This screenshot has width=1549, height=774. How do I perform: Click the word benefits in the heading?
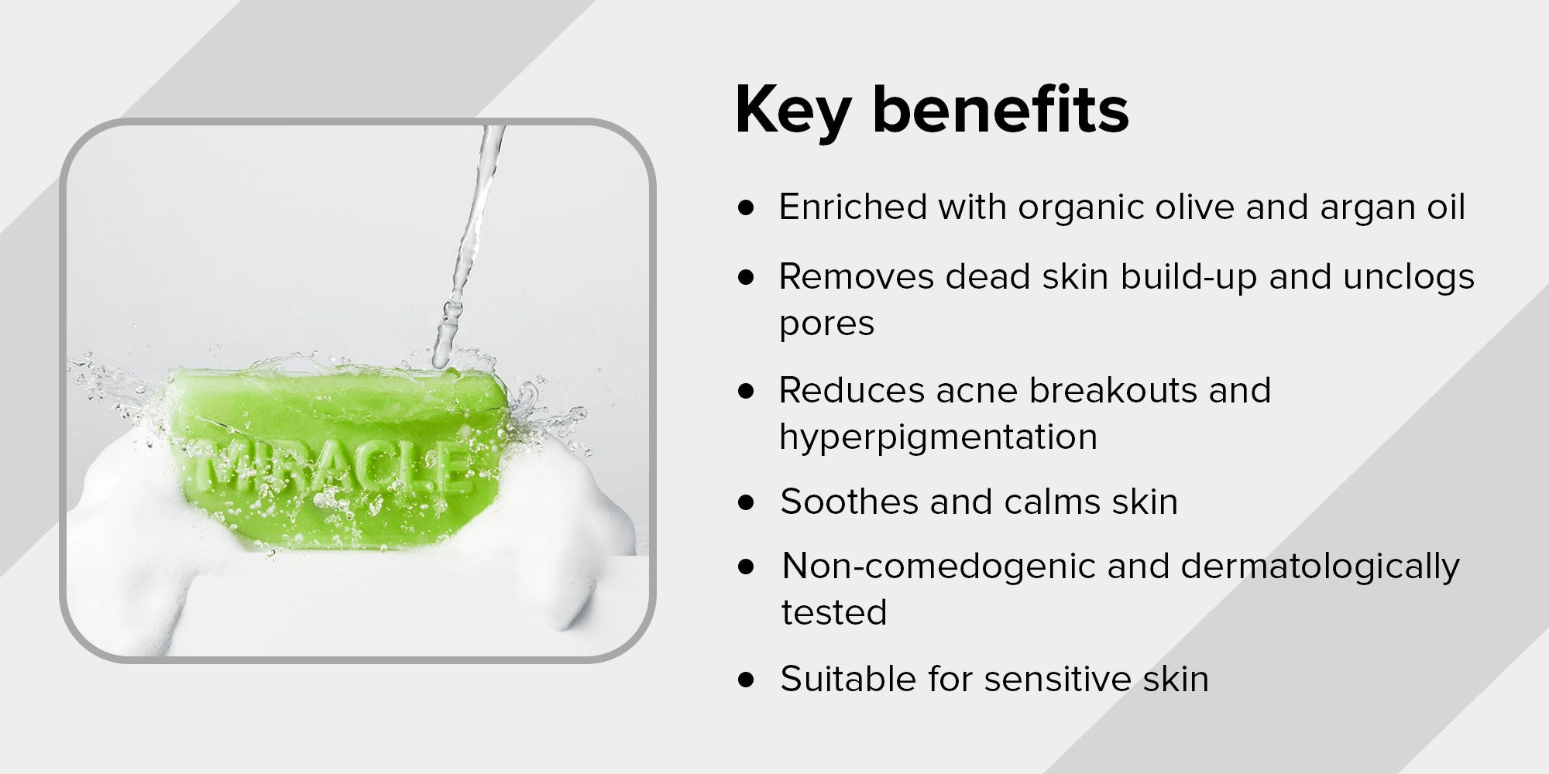pyautogui.click(x=1001, y=109)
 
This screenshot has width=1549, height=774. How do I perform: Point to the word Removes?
pyautogui.click(x=856, y=276)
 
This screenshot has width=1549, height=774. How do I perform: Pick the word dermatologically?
pyautogui.click(x=1320, y=567)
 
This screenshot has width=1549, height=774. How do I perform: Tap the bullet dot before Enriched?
pyautogui.click(x=746, y=208)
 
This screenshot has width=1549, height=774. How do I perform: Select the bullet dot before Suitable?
pyautogui.click(x=746, y=680)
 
